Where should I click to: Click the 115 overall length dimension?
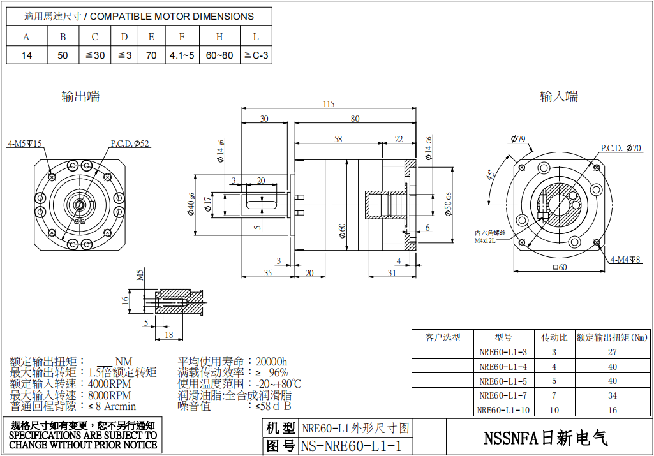click(329, 104)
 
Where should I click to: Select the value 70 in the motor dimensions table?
click(151, 55)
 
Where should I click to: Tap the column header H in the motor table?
click(219, 37)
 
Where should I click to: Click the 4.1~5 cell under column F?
click(182, 55)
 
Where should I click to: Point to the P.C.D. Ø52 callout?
click(130, 144)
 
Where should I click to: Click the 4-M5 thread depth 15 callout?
click(24, 144)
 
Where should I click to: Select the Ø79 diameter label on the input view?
click(517, 139)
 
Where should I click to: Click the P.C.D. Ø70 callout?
click(621, 148)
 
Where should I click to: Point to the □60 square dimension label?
click(560, 267)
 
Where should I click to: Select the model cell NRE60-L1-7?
click(503, 395)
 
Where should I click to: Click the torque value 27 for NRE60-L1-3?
click(613, 352)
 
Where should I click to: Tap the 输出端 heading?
click(80, 97)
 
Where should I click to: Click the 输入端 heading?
click(559, 97)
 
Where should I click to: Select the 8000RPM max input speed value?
click(110, 395)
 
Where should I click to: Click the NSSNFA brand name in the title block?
click(546, 438)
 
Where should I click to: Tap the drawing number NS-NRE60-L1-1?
click(352, 446)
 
